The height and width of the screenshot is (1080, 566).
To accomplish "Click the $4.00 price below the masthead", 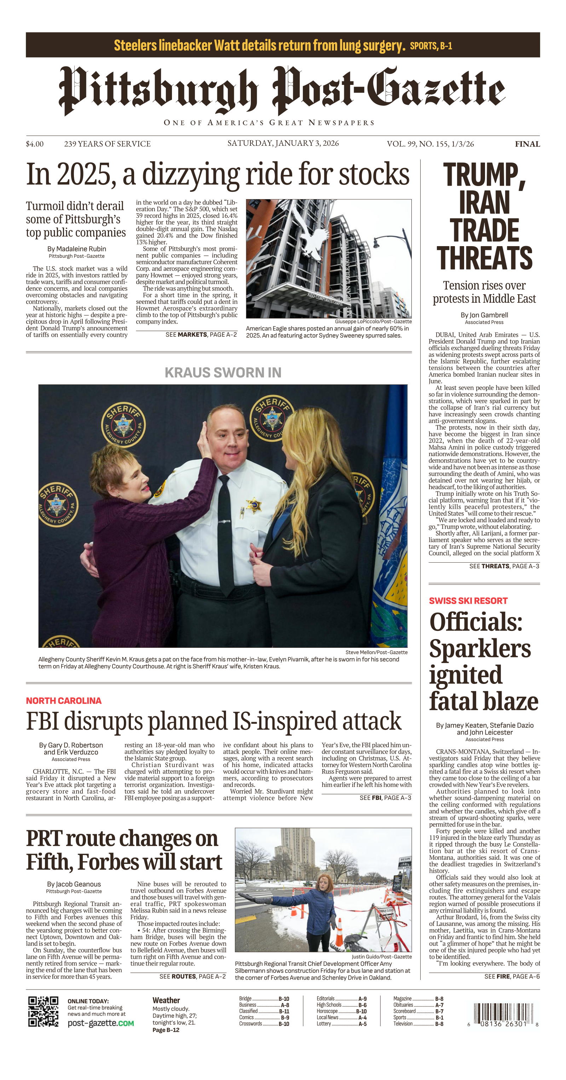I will [34, 144].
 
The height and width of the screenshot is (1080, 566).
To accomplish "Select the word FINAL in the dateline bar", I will [527, 144].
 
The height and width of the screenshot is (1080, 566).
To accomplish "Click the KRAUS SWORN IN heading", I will [223, 372].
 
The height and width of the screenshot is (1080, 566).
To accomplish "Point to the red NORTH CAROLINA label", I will [64, 701].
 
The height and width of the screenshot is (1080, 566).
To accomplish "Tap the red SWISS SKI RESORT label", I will [468, 600].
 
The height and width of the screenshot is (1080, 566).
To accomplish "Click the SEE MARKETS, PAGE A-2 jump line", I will [201, 335].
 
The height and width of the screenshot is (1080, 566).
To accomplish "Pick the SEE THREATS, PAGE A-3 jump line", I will [504, 566].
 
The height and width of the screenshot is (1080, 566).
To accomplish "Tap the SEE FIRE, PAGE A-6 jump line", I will [512, 976].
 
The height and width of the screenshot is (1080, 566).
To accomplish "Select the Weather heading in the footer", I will [166, 1000].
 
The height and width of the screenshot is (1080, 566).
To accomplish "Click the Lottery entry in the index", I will [324, 1023].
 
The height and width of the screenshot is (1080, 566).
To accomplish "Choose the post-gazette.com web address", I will [100, 1023].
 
